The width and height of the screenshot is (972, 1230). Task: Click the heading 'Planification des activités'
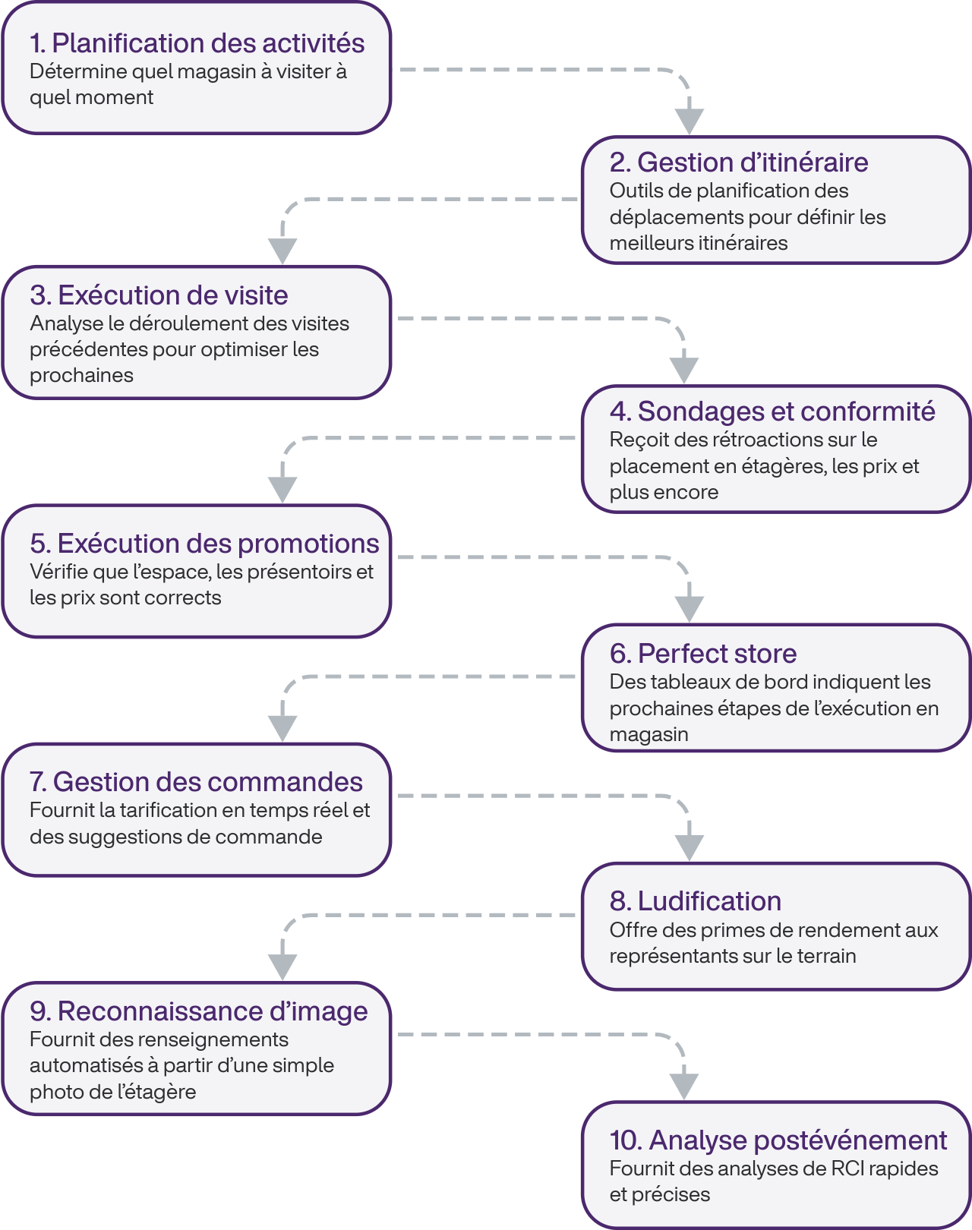197,43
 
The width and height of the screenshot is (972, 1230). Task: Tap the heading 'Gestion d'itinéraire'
738,162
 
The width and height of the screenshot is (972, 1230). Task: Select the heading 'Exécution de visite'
159,295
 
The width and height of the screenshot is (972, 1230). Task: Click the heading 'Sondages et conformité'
772,412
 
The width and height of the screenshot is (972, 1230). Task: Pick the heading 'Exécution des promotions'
204,544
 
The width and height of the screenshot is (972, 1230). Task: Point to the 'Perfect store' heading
703,654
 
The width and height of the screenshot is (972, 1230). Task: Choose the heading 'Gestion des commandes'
196,782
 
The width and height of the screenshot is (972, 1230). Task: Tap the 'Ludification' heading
696,901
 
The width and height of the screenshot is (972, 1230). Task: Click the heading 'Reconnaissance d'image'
198,1011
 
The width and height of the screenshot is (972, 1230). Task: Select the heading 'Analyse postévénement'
778,1140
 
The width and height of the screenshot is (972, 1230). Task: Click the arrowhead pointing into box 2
690,121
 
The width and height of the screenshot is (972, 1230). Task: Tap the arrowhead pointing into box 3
282,251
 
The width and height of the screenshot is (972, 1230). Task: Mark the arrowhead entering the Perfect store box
690,608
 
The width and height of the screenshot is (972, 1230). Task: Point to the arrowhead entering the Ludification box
690,847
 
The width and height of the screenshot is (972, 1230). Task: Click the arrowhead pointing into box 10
684,1086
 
